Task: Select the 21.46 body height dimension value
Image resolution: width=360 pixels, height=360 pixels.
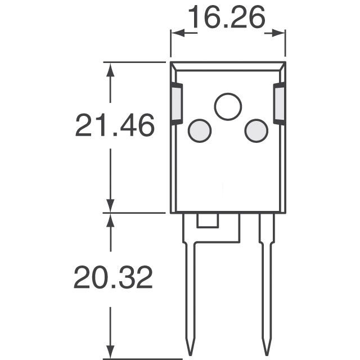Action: pyautogui.click(x=114, y=126)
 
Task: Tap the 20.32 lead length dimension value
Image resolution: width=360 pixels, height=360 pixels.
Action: pyautogui.click(x=114, y=278)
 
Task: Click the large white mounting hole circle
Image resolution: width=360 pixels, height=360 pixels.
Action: pyautogui.click(x=228, y=106)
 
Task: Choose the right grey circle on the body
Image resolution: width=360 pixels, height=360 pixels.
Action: pyautogui.click(x=255, y=130)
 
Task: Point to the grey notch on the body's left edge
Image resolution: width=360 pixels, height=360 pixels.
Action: pyautogui.click(x=176, y=104)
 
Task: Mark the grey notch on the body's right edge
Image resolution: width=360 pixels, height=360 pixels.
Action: pyautogui.click(x=279, y=104)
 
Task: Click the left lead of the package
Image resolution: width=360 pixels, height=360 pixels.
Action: pyautogui.click(x=190, y=281)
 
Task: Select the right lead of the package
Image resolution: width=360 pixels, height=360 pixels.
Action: pyautogui.click(x=265, y=281)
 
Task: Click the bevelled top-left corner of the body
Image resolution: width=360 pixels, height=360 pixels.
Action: pyautogui.click(x=175, y=66)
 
